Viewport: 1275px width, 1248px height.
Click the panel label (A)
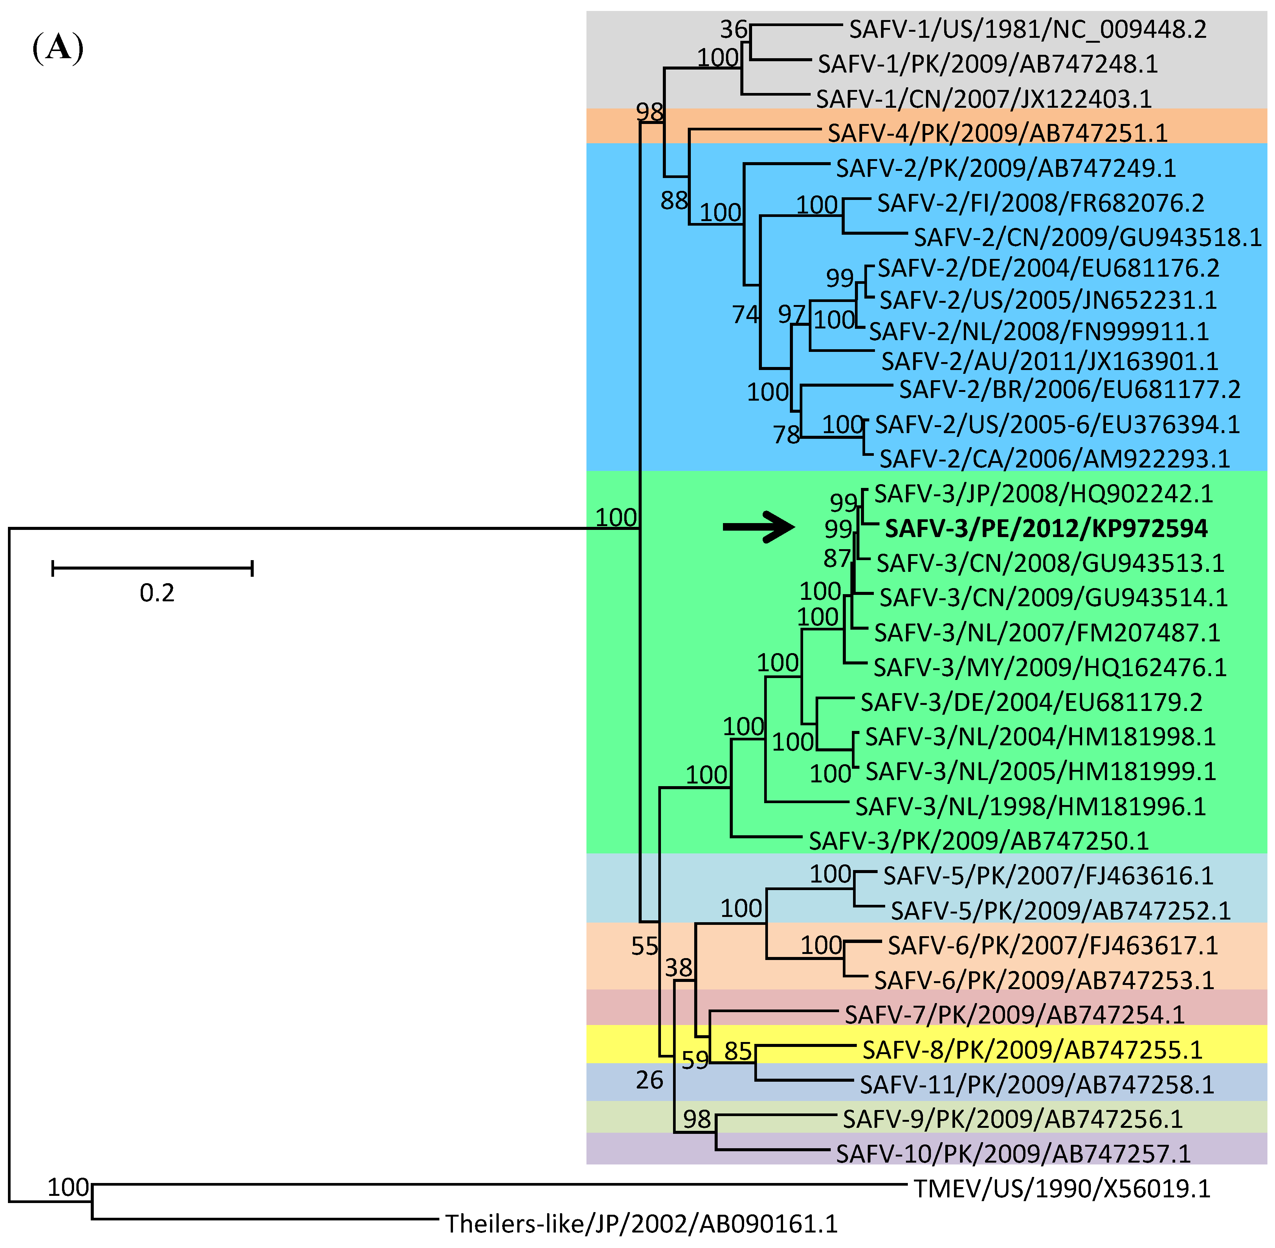[58, 48]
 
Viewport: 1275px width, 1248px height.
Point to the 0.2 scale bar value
[157, 593]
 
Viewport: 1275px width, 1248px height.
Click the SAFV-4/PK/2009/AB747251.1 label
[997, 133]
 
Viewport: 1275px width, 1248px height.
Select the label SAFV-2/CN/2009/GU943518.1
[1087, 237]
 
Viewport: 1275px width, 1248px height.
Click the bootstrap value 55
[645, 946]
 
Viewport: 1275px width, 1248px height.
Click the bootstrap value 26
[649, 1079]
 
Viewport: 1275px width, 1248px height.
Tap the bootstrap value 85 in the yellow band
[738, 1051]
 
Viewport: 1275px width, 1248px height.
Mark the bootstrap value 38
[679, 968]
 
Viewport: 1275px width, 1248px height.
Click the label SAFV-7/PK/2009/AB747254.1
[1014, 1015]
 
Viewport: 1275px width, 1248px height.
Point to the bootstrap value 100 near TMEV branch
[68, 1187]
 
